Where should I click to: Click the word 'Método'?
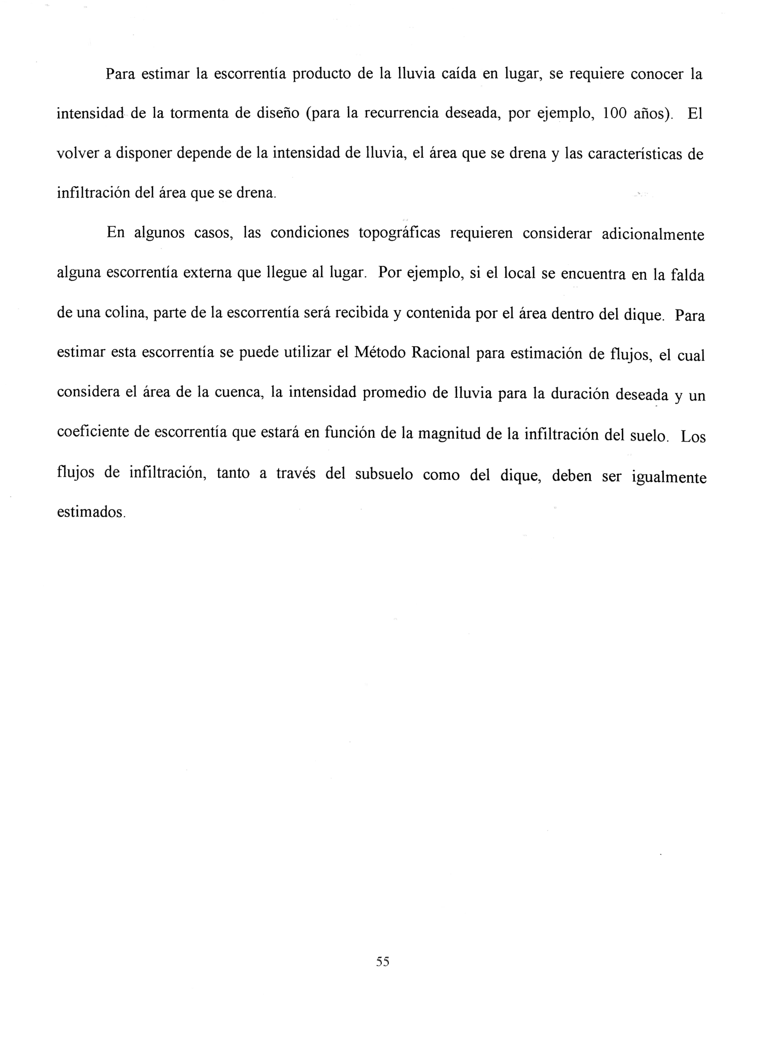tap(380, 354)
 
